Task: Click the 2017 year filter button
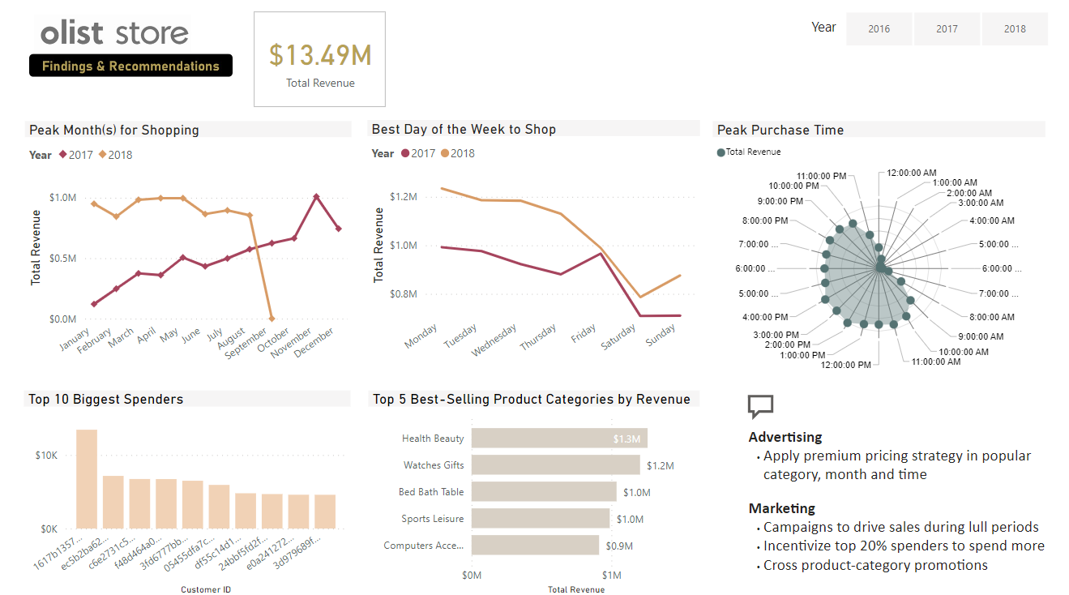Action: [947, 29]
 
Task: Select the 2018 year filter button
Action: [1015, 29]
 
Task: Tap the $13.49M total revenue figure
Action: [320, 55]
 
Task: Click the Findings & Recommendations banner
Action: [130, 66]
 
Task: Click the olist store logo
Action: [114, 33]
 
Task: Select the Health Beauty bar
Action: [558, 439]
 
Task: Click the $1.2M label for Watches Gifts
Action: [660, 465]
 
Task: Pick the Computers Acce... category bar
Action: [535, 546]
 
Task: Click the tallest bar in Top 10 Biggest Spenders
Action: [87, 479]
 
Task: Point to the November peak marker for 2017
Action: [316, 197]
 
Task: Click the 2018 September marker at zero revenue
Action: [272, 319]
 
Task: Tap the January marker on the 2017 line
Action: [94, 304]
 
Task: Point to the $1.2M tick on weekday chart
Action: [403, 197]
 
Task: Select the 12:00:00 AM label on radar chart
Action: [911, 173]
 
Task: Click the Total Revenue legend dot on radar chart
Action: [721, 152]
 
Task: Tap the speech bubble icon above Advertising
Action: [760, 405]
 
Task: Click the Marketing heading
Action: [781, 508]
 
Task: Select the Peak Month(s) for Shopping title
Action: [114, 130]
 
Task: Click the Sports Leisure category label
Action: [432, 519]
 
